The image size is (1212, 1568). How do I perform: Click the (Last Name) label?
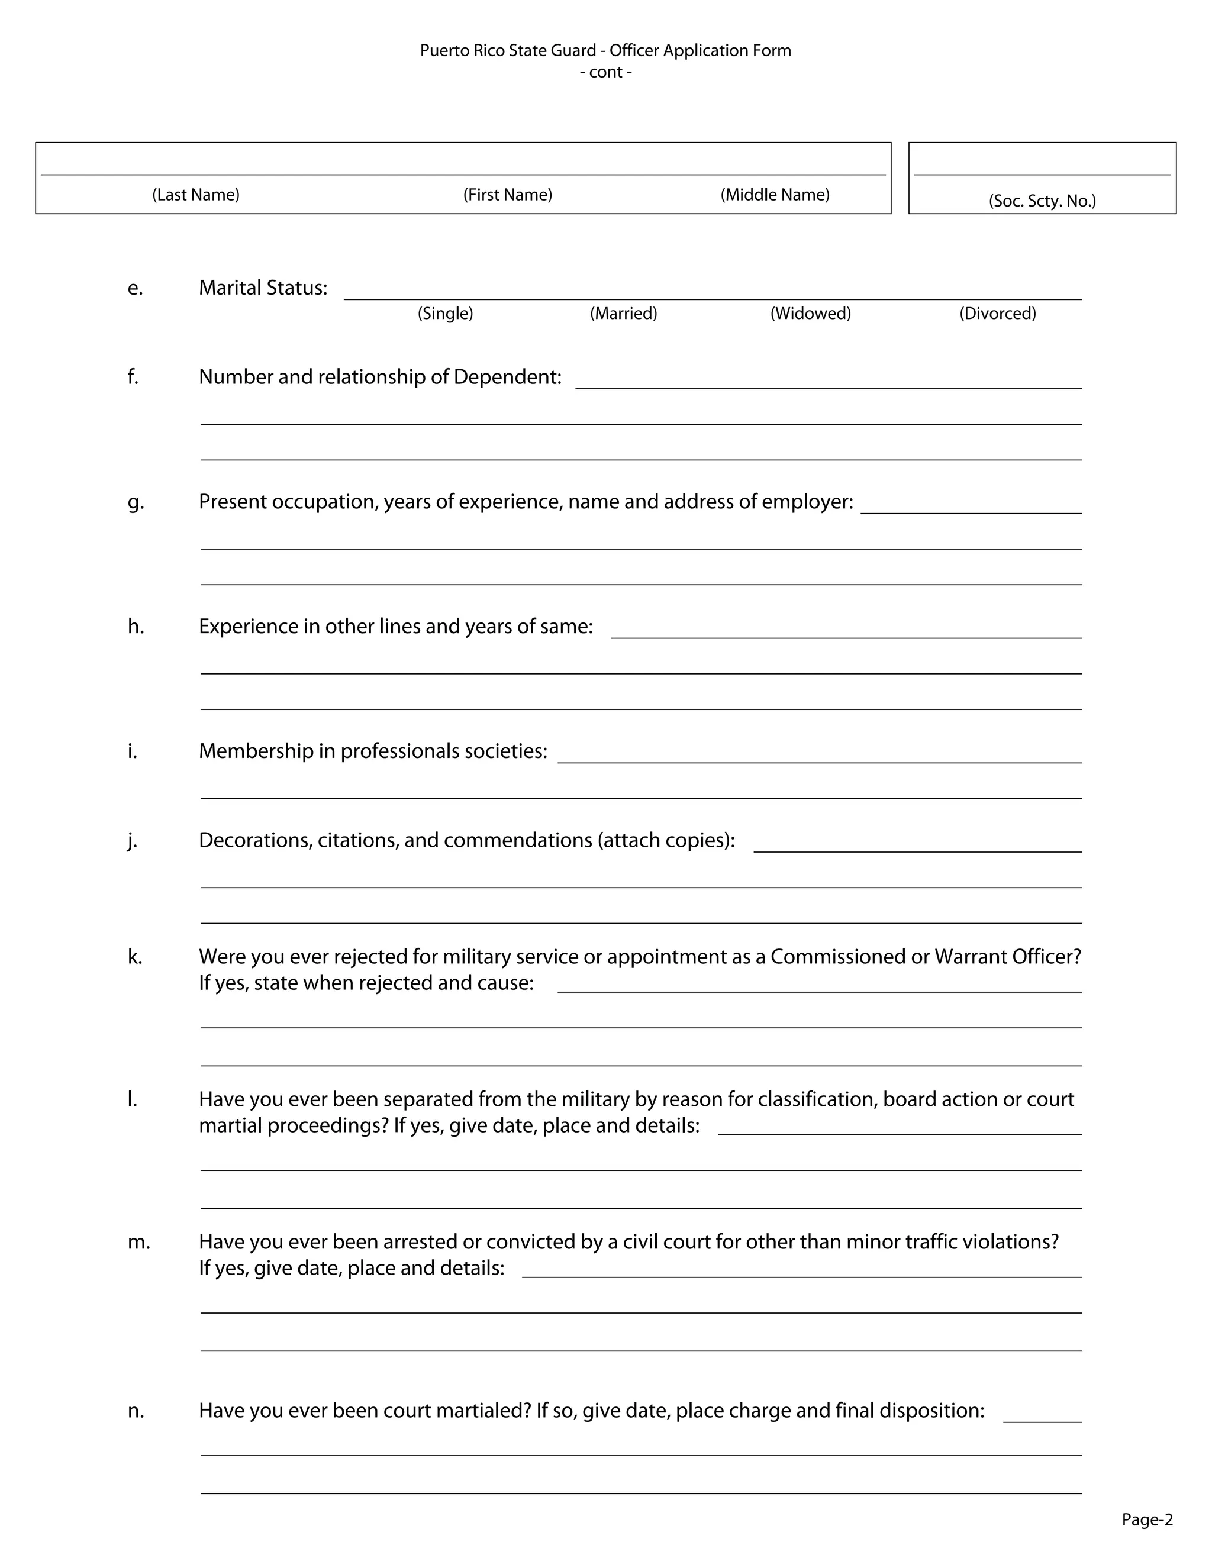click(x=195, y=195)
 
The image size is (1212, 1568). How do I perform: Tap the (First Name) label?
click(x=508, y=195)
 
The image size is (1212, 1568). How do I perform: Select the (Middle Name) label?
click(x=775, y=195)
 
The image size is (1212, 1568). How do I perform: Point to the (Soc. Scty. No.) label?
click(x=1042, y=201)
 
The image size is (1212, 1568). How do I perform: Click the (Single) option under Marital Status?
click(x=445, y=313)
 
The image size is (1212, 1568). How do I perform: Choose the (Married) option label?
click(x=623, y=313)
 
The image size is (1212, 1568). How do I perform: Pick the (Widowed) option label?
click(x=811, y=313)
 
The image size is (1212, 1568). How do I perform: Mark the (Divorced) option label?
click(x=997, y=313)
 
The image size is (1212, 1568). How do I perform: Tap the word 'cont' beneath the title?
click(x=605, y=73)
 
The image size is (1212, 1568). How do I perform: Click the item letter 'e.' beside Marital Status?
click(x=135, y=288)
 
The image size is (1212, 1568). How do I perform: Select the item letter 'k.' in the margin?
click(x=135, y=956)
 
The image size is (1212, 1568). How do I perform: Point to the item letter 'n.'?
click(x=136, y=1411)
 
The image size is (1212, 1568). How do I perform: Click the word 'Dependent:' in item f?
click(x=507, y=377)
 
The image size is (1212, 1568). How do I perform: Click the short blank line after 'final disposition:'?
click(x=1042, y=1421)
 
